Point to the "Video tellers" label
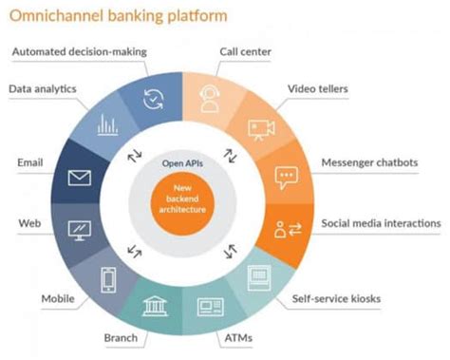[x=319, y=89]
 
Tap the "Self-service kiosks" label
[x=338, y=299]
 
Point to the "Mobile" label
[x=58, y=298]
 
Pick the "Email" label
[x=30, y=162]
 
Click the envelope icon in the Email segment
[x=79, y=178]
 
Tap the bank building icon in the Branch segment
[x=155, y=306]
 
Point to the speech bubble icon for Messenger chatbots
[x=286, y=177]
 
